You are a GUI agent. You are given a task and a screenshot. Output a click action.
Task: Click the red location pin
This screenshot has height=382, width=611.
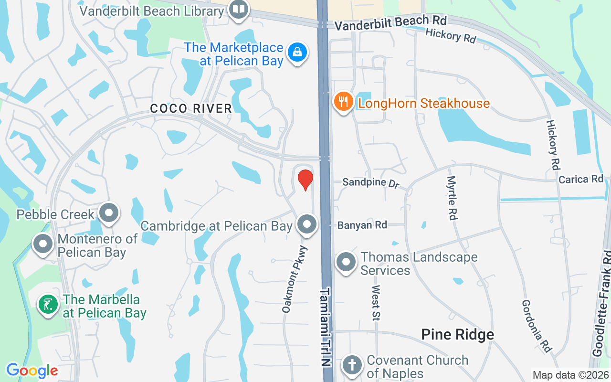point(305,180)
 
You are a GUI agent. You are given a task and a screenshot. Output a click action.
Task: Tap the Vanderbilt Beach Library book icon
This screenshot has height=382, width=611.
point(238,9)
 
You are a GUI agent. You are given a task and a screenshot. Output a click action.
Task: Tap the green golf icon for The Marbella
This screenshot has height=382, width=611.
point(48,305)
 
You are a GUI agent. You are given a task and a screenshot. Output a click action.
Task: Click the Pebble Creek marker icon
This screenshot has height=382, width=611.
point(109,212)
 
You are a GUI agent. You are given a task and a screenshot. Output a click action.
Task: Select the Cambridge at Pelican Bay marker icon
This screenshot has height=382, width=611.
point(306,224)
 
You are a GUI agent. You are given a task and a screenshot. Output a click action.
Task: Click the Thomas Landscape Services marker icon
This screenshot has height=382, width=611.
point(346,262)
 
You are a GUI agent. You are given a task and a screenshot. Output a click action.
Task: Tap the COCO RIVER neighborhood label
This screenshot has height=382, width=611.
point(191,108)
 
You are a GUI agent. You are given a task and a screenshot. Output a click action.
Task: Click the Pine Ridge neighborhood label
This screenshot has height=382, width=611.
point(457,335)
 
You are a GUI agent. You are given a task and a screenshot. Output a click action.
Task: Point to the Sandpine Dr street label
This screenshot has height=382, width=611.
point(370,183)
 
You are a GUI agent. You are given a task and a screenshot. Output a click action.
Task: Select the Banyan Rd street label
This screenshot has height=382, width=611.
point(362,225)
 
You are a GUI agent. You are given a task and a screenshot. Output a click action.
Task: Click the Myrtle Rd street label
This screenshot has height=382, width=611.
point(451,198)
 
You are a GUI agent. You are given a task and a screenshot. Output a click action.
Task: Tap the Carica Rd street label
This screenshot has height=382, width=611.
point(581,180)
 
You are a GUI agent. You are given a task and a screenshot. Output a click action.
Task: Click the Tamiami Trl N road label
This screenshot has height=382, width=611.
point(326,327)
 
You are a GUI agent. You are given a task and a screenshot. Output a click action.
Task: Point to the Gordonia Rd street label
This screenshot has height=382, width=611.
point(537,326)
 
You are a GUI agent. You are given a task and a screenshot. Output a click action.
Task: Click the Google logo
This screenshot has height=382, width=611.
point(32,371)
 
